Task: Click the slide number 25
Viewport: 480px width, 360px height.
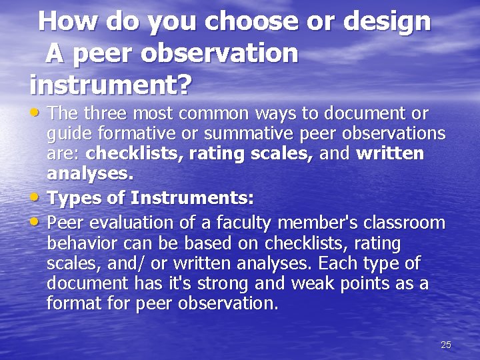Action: click(x=446, y=345)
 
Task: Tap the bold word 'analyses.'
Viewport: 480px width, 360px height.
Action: click(x=90, y=175)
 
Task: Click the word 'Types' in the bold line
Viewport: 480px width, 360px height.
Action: click(x=72, y=198)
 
